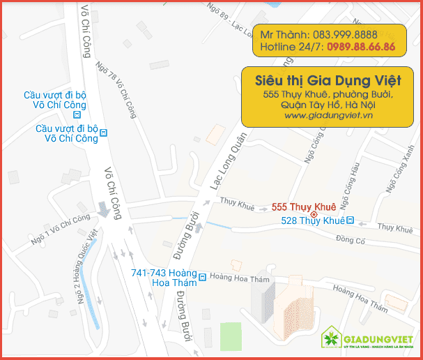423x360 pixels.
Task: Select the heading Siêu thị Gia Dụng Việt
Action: click(x=323, y=79)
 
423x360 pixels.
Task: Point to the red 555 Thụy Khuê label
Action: click(x=304, y=207)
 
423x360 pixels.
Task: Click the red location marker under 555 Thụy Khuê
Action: click(x=304, y=214)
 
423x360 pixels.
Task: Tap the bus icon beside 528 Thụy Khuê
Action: click(x=351, y=220)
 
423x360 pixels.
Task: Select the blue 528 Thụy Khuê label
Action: click(x=313, y=220)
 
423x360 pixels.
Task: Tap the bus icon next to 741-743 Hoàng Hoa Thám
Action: click(x=201, y=276)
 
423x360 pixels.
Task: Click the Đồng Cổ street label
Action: click(x=351, y=240)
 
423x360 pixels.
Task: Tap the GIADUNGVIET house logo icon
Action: click(x=330, y=340)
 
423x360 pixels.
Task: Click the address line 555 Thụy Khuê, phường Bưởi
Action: click(x=324, y=93)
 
